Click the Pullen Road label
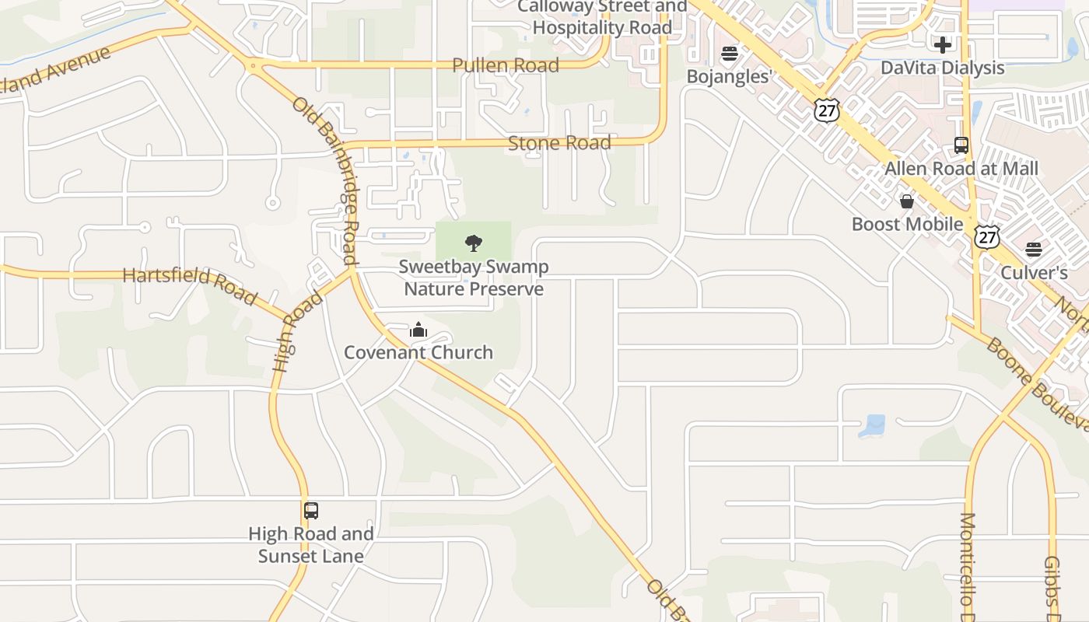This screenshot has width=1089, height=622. pos(506,65)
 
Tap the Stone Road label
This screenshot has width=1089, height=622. pos(559,143)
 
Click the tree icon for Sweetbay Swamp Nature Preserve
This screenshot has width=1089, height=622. pos(473,243)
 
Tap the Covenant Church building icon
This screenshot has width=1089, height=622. pos(418,330)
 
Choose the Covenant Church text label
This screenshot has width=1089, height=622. pos(418,352)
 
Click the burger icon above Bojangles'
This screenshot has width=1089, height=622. pos(729,54)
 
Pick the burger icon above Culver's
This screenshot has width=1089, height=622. pos(1033,250)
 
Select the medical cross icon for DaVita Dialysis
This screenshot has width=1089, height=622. pos(943,45)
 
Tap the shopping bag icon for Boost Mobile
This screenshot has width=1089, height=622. pos(907,202)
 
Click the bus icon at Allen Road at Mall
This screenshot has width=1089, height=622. pos(961,145)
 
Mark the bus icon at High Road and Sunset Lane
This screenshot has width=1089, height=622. pos(311,511)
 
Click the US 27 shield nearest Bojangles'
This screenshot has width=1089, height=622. pos(827,110)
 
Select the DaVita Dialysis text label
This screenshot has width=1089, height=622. pos(943,68)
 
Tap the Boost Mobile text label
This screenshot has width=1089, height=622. pos(907,225)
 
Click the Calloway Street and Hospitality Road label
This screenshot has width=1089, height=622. pos(602,17)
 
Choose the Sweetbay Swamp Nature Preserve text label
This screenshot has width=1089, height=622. pos(474,278)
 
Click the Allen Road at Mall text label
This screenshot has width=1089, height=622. pos(961,168)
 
